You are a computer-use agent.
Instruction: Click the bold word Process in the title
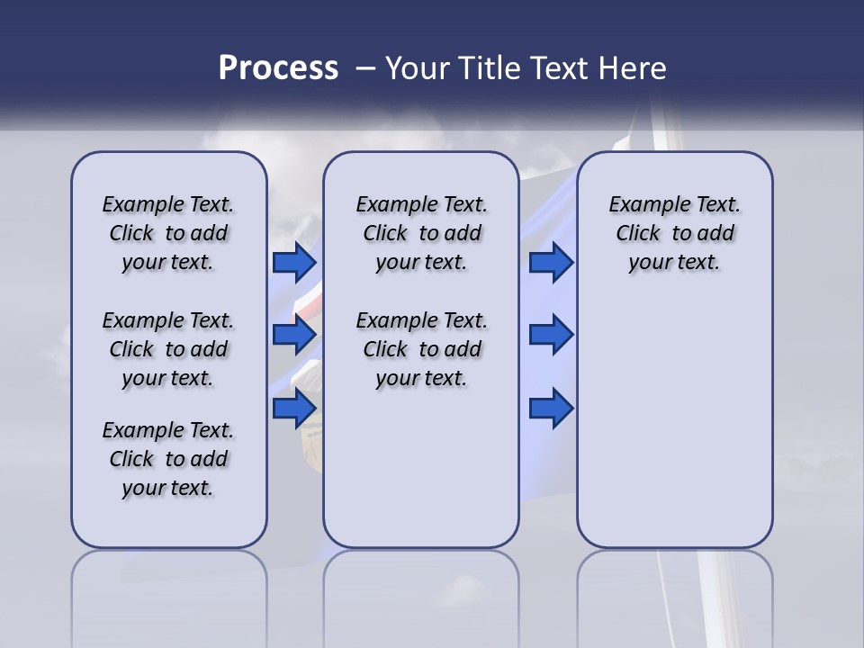pos(278,68)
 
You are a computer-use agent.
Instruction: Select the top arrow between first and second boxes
pos(294,262)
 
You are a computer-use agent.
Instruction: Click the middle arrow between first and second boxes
pos(294,335)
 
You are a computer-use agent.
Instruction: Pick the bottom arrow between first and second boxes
pos(294,409)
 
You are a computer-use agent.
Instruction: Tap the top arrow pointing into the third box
pos(551,262)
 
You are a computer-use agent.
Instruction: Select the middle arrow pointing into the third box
pos(551,335)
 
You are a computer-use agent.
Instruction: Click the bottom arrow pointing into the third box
pos(551,409)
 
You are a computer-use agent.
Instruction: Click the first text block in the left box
pos(168,233)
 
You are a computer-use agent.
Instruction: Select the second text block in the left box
pos(168,349)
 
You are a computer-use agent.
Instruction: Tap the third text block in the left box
pos(168,459)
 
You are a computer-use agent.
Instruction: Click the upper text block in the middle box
pos(421,233)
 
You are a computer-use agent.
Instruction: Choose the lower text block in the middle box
pos(421,349)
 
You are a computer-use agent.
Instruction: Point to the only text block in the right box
pos(674,233)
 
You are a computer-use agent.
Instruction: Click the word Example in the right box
pos(643,205)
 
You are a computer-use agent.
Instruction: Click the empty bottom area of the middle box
pos(421,477)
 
